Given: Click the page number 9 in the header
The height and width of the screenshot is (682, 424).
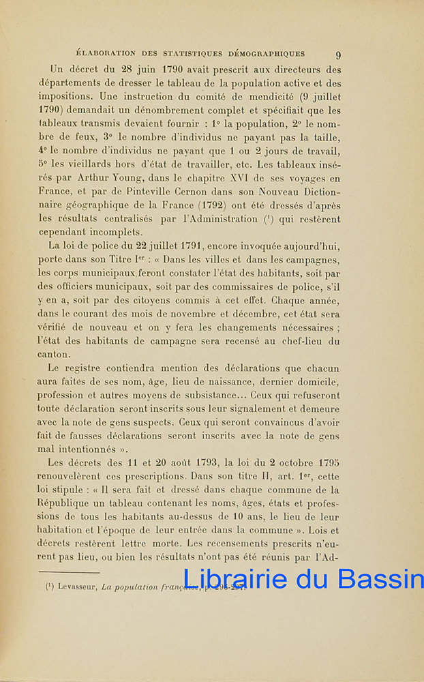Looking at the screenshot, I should click(338, 55).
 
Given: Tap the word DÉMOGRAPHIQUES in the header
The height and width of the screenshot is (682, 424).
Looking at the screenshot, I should click(270, 53).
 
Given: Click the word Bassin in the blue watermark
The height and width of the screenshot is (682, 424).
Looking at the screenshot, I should click(381, 579).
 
